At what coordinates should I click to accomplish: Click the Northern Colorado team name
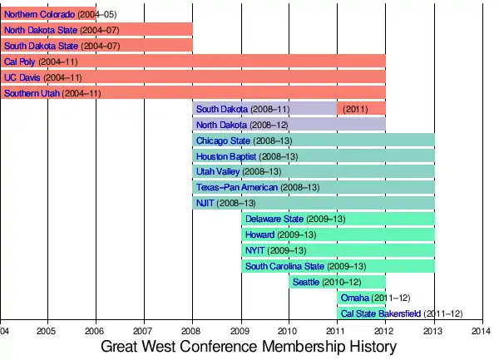click(x=38, y=14)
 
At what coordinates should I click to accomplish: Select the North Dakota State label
click(x=41, y=30)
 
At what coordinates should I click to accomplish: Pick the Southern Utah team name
click(x=32, y=93)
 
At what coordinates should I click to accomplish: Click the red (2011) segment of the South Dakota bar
click(x=361, y=109)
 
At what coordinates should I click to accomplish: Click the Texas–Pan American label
click(x=237, y=188)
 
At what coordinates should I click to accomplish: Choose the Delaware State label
click(x=274, y=219)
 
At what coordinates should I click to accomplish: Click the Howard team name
click(x=259, y=234)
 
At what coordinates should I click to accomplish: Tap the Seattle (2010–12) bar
click(x=337, y=282)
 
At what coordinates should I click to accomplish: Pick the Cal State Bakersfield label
click(x=380, y=313)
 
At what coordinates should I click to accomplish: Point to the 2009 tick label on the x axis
click(x=241, y=329)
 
